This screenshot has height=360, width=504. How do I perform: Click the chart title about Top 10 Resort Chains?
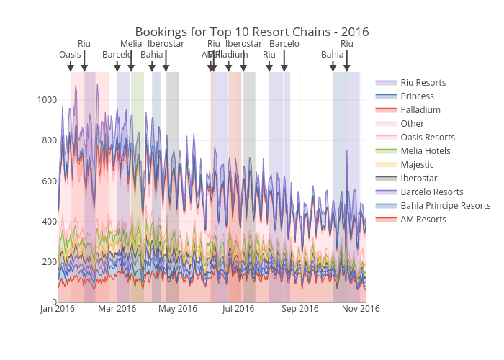point(252,32)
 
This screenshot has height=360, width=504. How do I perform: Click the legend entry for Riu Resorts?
point(423,83)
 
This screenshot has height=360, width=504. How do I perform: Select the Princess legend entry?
point(417,96)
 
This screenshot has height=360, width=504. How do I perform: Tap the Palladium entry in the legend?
point(420,110)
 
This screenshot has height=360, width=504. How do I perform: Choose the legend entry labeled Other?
point(412,124)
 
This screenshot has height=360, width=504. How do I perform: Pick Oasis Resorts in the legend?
point(428,138)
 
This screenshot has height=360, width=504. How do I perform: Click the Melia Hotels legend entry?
point(425,151)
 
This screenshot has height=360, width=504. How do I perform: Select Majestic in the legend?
point(417,165)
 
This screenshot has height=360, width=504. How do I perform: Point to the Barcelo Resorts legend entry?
point(431,192)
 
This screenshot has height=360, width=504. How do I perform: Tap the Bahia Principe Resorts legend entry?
point(445,206)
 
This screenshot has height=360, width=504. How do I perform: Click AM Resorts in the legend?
point(423,220)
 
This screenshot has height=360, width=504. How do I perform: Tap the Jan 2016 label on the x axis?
point(58,309)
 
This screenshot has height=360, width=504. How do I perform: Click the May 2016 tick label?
point(178,309)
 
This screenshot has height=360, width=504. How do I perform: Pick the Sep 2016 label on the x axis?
point(300,309)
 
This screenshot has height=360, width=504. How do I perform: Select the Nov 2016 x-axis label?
point(360,309)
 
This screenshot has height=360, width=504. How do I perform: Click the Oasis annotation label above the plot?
point(70,55)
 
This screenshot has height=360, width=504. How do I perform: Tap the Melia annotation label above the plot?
point(131,44)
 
